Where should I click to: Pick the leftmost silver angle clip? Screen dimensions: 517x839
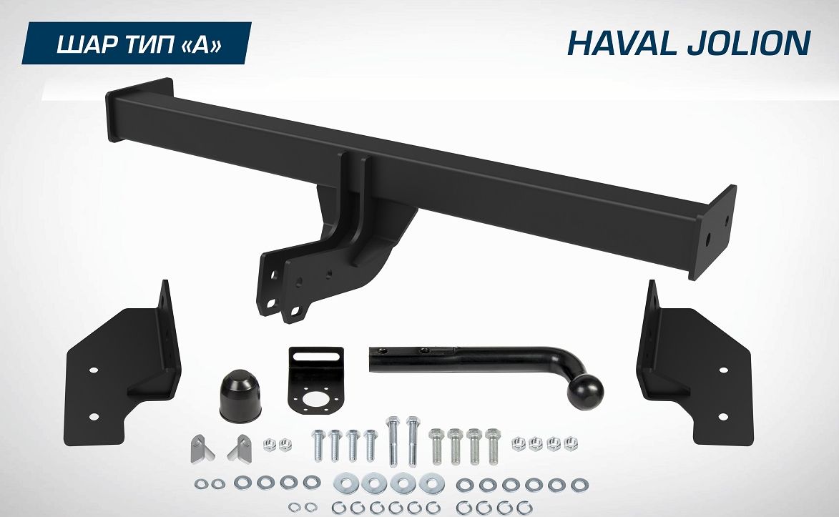click(x=200, y=449)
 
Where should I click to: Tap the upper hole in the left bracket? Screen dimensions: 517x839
click(x=92, y=370)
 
